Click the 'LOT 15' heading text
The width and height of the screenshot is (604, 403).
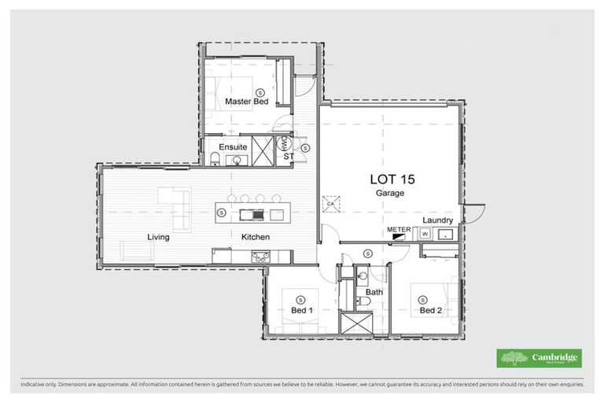(x=392, y=179)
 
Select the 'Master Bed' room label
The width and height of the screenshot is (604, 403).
(x=246, y=102)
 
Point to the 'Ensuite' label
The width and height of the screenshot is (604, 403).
(x=234, y=146)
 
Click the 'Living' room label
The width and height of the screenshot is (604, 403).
(x=158, y=236)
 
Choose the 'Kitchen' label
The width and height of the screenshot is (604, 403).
(x=256, y=236)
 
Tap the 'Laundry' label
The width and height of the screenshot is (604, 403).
(x=438, y=220)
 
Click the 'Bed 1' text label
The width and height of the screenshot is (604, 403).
(x=303, y=310)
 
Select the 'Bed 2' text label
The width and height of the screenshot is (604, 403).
(x=432, y=310)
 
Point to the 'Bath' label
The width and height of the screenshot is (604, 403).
(x=374, y=292)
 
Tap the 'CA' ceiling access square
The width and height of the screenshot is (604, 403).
(x=331, y=202)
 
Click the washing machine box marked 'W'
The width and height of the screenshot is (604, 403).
(x=425, y=234)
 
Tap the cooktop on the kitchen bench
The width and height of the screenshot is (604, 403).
(x=259, y=254)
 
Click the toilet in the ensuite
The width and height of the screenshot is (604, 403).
(x=215, y=161)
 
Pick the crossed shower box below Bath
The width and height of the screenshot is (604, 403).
(x=351, y=323)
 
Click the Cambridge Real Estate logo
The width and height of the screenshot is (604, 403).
(x=540, y=358)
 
